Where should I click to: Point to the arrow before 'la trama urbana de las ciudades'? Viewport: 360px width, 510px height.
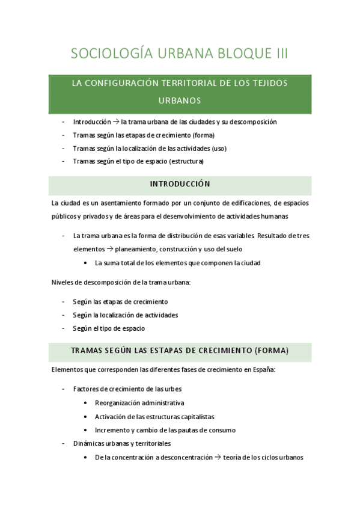point(115,121)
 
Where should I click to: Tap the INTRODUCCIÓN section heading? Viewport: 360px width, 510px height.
point(180,184)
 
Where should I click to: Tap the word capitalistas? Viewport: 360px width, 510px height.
point(195,416)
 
